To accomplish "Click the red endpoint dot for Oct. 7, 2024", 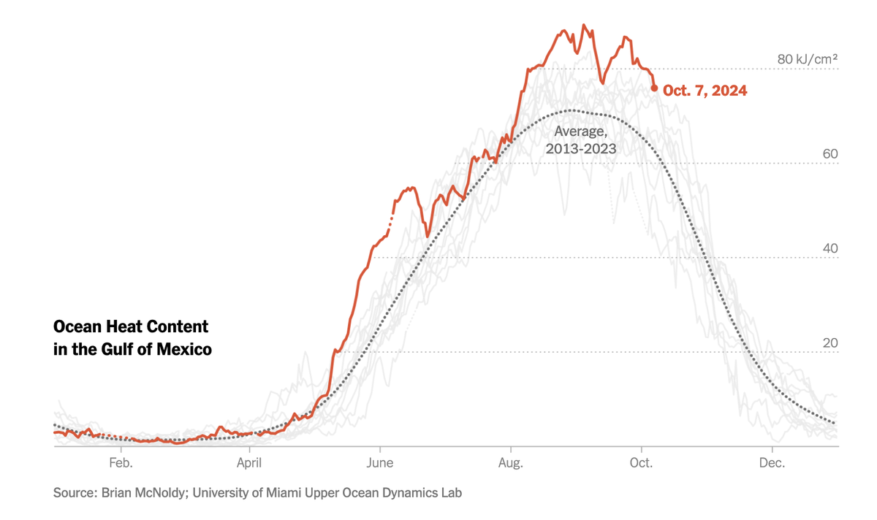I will (x=654, y=88).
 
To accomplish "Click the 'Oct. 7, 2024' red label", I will (x=705, y=91).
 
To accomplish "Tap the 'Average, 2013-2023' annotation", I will (x=581, y=139).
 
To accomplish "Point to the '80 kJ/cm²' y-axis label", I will (x=807, y=59).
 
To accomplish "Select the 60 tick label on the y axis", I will (x=829, y=154).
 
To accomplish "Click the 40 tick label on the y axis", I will (x=829, y=248).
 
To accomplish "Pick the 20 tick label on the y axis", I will (x=829, y=343).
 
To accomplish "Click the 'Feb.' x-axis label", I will (x=120, y=462).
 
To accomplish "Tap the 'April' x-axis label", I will (x=250, y=462).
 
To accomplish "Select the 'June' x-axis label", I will (x=380, y=462).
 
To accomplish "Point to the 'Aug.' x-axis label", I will (x=510, y=462).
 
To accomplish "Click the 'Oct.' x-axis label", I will (x=641, y=462).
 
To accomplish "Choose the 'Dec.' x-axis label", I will (x=772, y=462).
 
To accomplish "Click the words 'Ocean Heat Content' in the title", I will (x=131, y=326).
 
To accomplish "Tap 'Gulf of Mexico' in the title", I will (x=156, y=350).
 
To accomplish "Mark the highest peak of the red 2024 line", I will (x=583, y=25).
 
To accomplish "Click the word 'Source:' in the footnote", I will (x=73, y=493).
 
